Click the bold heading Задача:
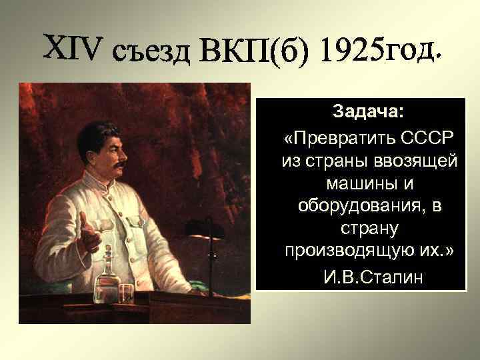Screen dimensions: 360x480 tap(368, 110)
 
